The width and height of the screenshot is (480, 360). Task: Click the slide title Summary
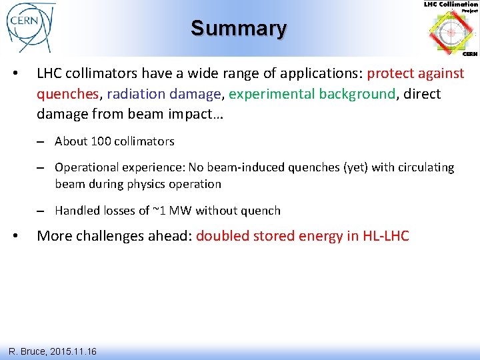pos(239,28)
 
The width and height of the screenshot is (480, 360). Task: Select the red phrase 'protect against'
pos(415,73)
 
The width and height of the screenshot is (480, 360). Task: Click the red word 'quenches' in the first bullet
pos(65,94)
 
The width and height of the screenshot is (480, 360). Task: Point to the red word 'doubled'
pos(223,236)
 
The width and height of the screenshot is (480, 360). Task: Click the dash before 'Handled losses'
pos(41,211)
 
